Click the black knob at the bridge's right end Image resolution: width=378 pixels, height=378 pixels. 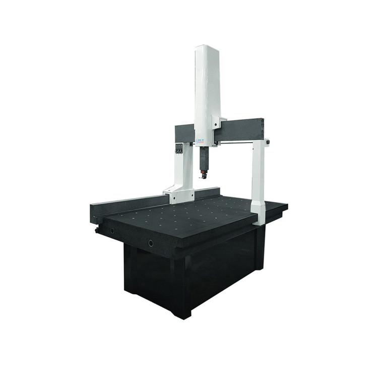pyautogui.click(x=267, y=142)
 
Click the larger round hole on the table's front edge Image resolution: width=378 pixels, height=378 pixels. pyautogui.click(x=151, y=243)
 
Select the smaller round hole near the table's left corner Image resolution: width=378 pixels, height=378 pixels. pyautogui.click(x=111, y=231)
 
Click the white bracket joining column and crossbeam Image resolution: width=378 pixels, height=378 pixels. pyautogui.click(x=217, y=122)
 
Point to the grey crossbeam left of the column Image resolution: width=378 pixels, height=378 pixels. pyautogui.click(x=184, y=133)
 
